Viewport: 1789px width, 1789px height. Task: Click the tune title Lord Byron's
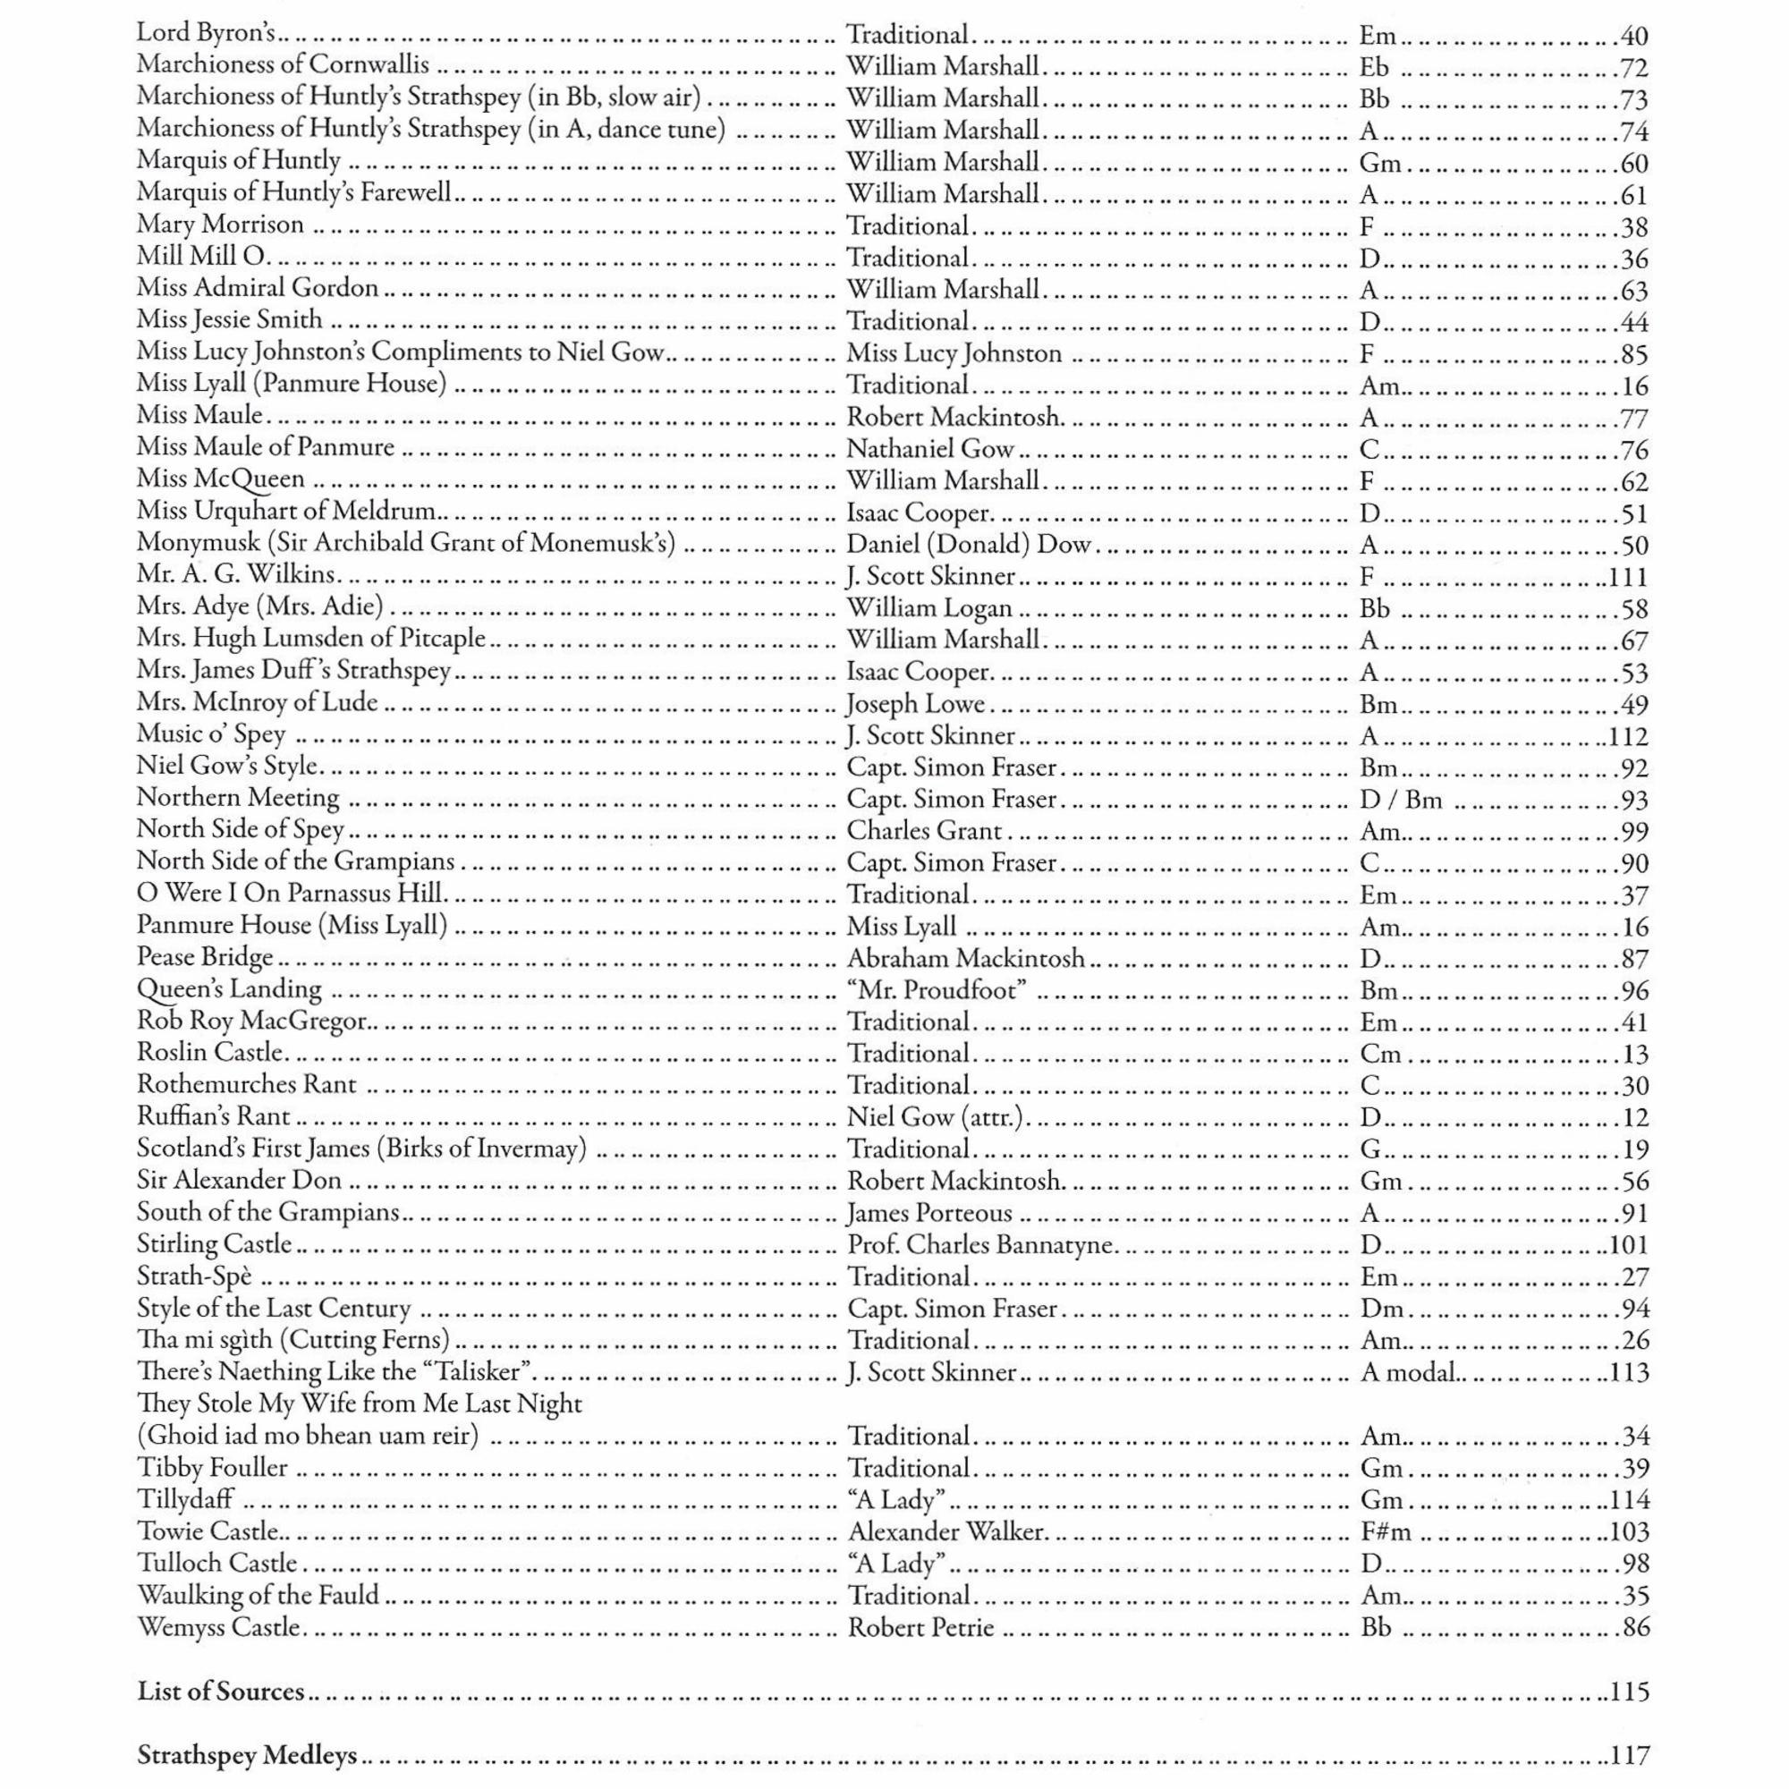pos(207,33)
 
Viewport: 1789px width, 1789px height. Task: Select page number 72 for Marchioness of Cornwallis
pos(1633,68)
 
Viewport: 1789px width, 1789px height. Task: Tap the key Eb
pos(1374,68)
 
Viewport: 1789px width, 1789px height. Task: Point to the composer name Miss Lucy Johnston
pos(954,353)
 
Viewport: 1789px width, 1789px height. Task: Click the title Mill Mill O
pos(201,257)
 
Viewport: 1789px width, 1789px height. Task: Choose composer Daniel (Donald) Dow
pos(969,545)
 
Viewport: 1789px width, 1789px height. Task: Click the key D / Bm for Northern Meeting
pos(1400,800)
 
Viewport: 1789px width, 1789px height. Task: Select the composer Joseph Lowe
pos(916,705)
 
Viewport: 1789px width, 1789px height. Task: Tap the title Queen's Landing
pos(230,990)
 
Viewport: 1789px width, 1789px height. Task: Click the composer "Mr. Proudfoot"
pos(937,990)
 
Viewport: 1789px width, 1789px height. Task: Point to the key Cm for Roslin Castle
pos(1380,1054)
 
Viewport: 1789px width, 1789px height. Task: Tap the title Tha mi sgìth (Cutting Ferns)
pos(293,1340)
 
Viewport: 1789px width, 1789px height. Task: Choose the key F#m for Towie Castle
pos(1386,1531)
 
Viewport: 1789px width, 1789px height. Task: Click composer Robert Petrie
pos(921,1627)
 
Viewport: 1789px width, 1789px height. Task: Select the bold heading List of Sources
pos(221,1691)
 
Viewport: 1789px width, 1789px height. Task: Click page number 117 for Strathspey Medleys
pos(1629,1755)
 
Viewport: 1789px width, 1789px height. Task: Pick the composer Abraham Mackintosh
pos(966,958)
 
